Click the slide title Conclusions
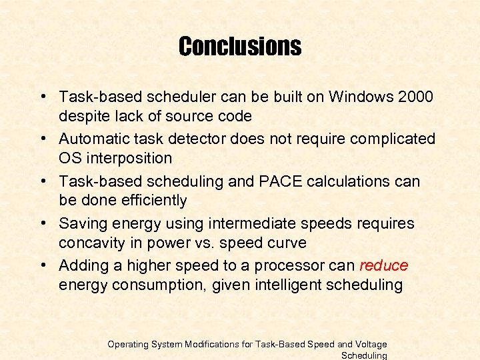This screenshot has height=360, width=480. pos(240,47)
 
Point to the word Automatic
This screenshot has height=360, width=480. pos(92,139)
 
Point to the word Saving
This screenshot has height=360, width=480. pos(81,223)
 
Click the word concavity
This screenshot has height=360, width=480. pos(88,243)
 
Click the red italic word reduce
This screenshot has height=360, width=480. pos(383,265)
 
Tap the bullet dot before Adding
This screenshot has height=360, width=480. pos(43,265)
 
